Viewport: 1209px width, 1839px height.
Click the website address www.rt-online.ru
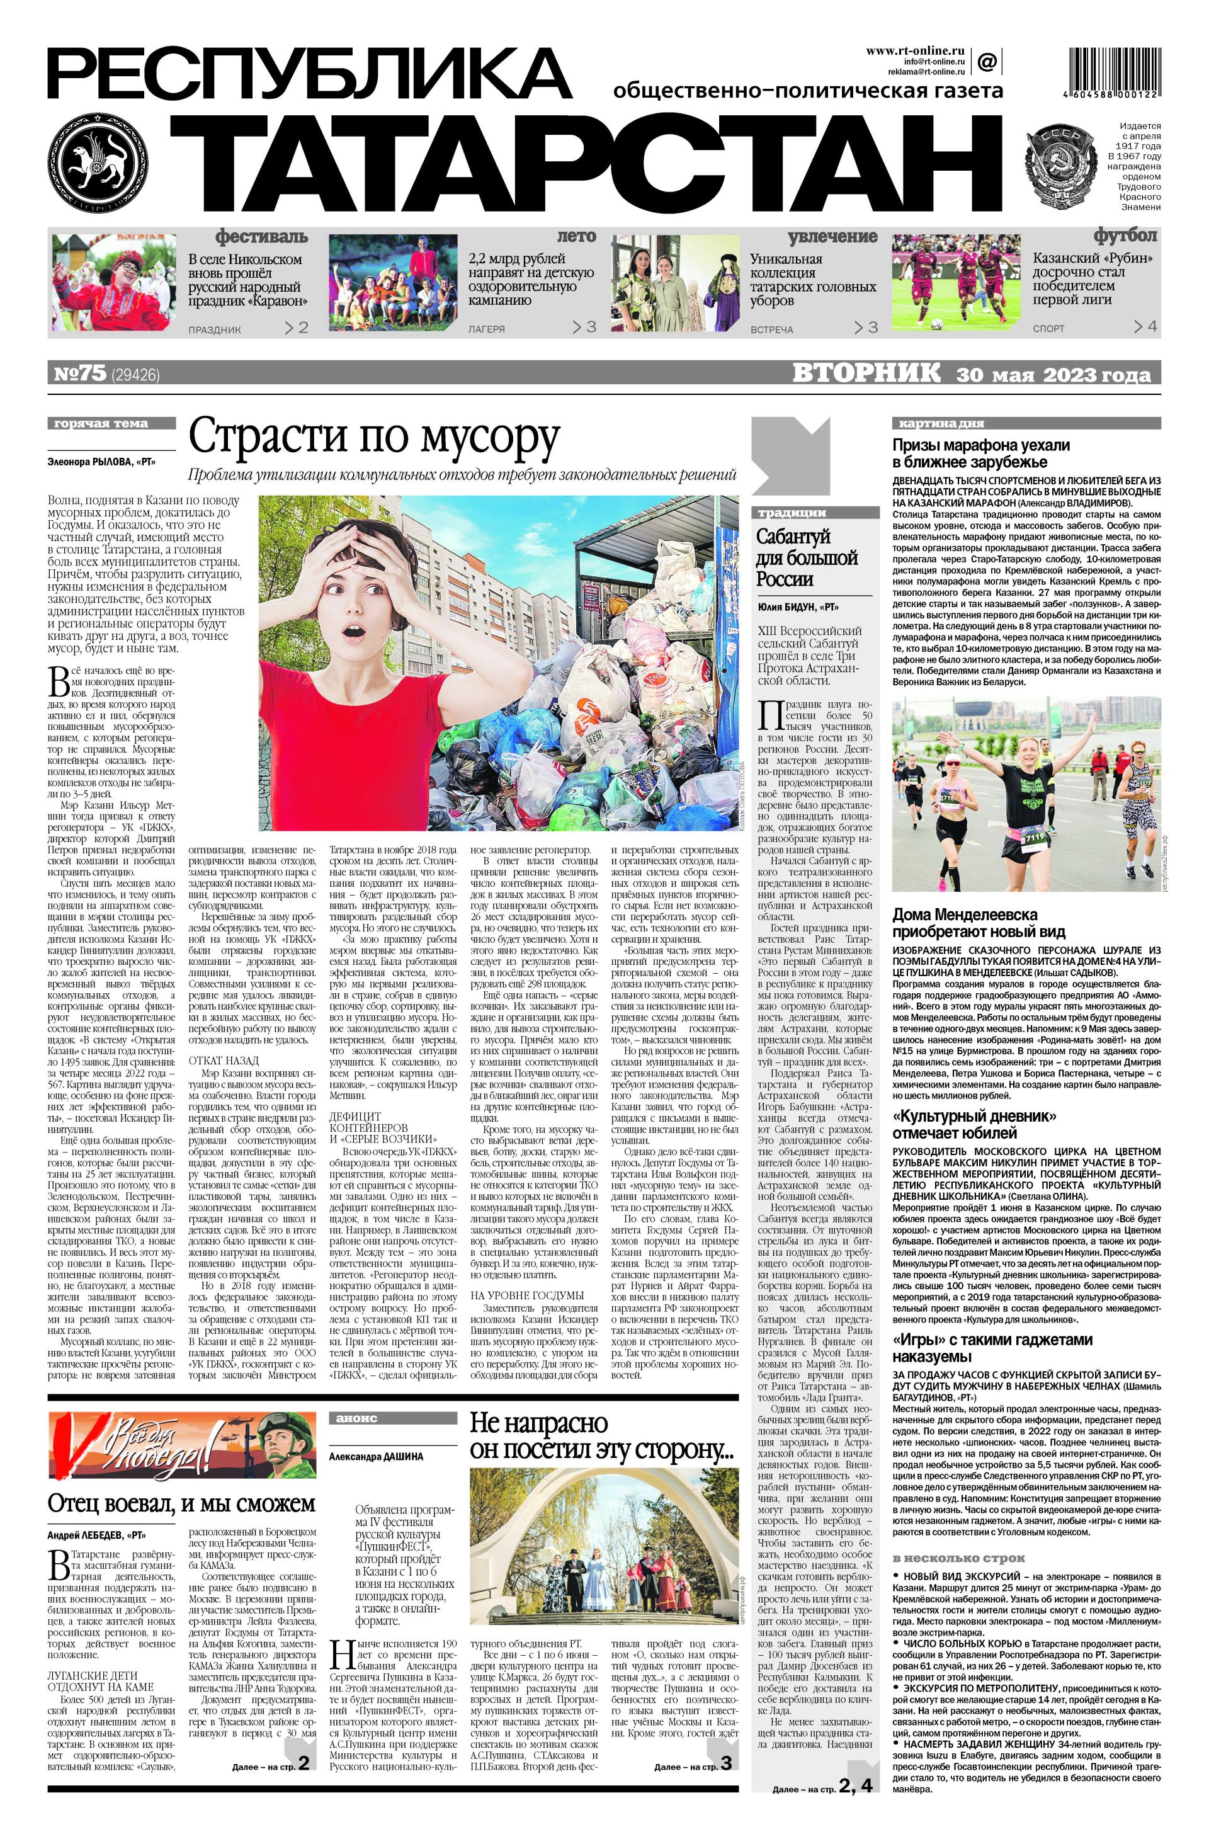(x=915, y=50)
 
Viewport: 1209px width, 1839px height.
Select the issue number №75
(x=79, y=374)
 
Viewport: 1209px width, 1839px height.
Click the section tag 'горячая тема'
(x=100, y=423)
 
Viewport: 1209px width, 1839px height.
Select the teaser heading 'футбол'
(x=1125, y=236)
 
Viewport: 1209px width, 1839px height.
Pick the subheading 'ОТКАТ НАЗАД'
(x=224, y=1060)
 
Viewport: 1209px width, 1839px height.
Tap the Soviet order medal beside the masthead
(x=1060, y=168)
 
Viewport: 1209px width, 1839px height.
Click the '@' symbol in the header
(x=987, y=60)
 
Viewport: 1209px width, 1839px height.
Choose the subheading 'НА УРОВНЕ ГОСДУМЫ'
(x=527, y=1295)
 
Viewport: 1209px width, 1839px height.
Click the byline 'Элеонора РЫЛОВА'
(x=101, y=462)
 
